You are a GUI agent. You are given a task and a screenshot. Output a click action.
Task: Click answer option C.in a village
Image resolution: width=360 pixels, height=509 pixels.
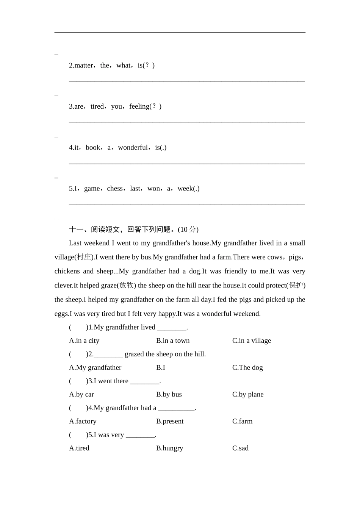tap(251, 340)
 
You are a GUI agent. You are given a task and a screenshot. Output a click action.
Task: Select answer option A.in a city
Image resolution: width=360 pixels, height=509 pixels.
tap(84, 340)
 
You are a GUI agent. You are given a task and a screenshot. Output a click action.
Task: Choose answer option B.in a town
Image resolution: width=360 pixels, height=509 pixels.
tap(173, 340)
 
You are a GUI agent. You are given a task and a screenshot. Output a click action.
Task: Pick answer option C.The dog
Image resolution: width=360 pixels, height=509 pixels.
tap(247, 367)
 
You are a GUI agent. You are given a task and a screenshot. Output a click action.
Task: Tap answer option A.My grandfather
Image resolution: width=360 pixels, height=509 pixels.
tap(95, 367)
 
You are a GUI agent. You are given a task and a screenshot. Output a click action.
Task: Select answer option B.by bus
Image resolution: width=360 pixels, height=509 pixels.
tap(169, 394)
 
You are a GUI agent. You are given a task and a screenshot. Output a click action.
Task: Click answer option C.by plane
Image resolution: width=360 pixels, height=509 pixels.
tap(248, 394)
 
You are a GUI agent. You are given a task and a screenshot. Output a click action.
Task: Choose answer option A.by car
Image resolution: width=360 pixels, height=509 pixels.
tap(81, 394)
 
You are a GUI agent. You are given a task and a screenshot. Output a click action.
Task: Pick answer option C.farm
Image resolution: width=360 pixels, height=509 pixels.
tap(242, 421)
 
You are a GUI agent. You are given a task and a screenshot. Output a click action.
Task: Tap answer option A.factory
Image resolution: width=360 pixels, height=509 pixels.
tap(83, 421)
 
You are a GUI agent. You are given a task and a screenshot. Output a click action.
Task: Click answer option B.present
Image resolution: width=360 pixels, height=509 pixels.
tap(170, 421)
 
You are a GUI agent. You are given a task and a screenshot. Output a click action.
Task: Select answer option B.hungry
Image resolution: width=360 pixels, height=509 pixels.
tap(169, 448)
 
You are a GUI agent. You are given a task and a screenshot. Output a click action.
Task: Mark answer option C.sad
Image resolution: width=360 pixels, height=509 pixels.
tap(240, 448)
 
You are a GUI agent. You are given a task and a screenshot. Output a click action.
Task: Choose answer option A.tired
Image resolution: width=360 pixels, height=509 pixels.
tap(79, 448)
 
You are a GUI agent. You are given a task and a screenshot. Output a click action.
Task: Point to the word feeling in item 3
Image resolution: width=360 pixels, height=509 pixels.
tap(139, 106)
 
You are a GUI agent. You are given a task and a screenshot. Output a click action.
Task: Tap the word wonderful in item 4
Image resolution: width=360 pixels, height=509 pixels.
tap(133, 147)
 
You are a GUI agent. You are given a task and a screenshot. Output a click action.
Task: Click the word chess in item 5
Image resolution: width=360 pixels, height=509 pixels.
tap(115, 189)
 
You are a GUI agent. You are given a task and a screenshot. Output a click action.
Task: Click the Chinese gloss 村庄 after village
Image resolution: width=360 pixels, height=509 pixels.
tap(84, 257)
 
